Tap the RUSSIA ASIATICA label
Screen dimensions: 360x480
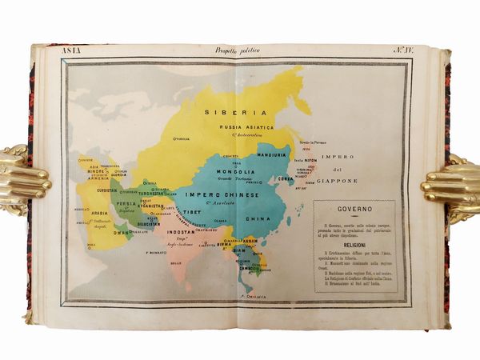coord(248,127)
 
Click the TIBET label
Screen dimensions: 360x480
coord(191,213)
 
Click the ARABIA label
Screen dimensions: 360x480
coord(99,214)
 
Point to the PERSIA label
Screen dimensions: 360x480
coord(128,204)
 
